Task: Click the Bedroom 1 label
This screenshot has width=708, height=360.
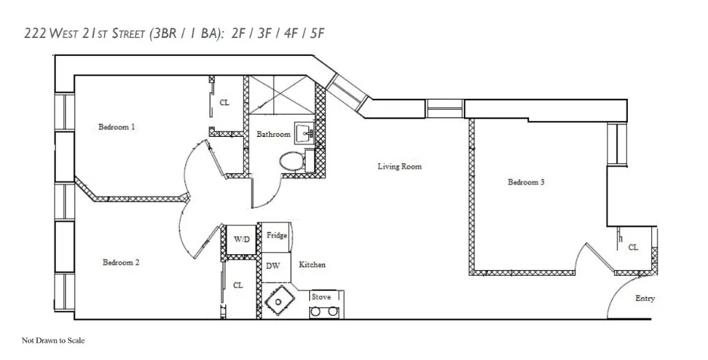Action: (116, 127)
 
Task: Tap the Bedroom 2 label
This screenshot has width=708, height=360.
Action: (121, 263)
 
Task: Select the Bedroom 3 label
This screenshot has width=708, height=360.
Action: (526, 182)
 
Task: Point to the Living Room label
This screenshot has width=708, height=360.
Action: (399, 167)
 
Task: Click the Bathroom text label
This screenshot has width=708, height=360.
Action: (273, 134)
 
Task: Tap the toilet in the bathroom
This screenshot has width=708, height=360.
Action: (290, 162)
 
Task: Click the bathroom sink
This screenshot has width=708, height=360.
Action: (304, 132)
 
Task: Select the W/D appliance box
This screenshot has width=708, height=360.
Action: (242, 240)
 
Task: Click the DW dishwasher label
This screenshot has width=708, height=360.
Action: (272, 266)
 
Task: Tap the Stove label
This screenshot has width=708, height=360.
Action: (321, 297)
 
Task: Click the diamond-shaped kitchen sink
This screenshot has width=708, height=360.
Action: (279, 302)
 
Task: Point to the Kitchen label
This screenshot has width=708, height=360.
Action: (312, 265)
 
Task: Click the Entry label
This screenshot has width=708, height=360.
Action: (645, 299)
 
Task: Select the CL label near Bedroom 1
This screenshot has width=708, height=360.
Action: (225, 103)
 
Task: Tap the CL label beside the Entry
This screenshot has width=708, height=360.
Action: (633, 247)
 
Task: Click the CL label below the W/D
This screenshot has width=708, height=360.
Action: (238, 285)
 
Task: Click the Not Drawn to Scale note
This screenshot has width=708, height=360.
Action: (53, 341)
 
